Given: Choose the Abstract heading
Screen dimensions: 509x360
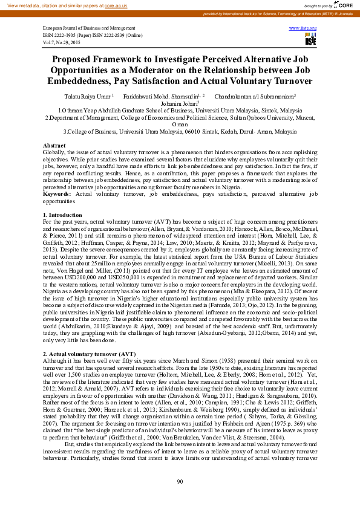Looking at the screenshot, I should point(54,146).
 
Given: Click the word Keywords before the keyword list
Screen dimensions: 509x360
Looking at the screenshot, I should point(59,193).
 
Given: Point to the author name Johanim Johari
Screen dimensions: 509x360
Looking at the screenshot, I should point(180,103).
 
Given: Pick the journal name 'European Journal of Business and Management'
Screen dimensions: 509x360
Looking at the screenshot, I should point(89,28).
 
